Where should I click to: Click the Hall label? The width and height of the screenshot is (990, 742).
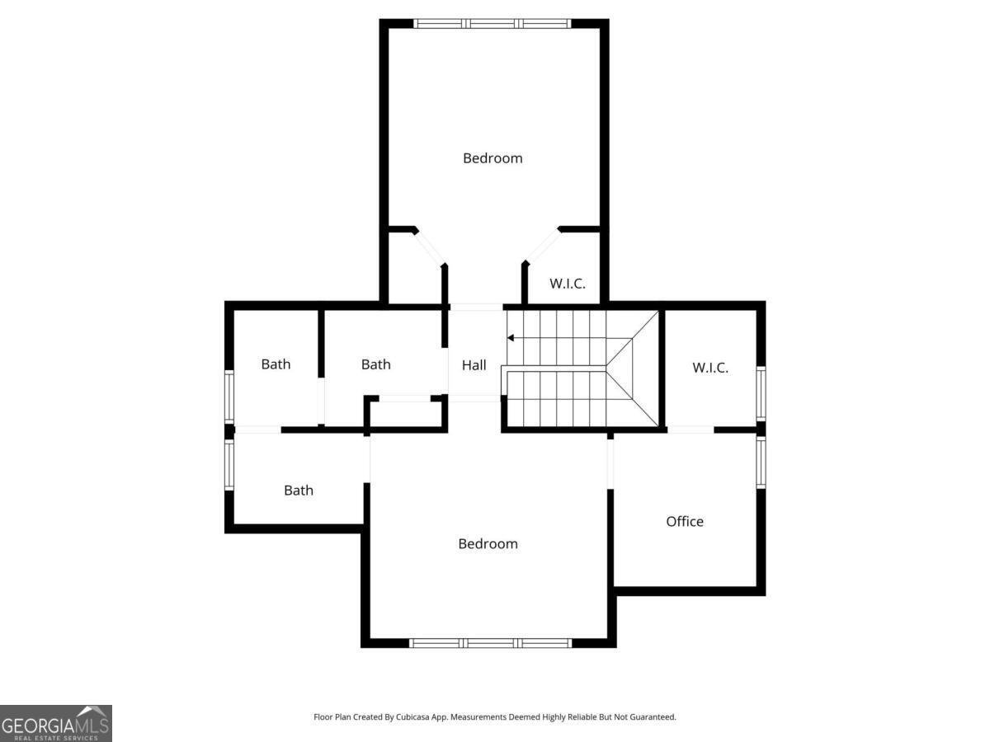pyautogui.click(x=474, y=365)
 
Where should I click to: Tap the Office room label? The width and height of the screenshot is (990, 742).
pyautogui.click(x=685, y=522)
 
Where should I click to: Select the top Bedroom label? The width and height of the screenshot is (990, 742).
pyautogui.click(x=493, y=158)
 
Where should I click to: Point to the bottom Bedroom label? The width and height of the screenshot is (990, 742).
pyautogui.click(x=488, y=544)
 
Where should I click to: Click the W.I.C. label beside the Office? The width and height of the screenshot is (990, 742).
pyautogui.click(x=710, y=368)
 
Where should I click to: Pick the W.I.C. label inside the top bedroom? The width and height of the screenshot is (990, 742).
pyautogui.click(x=568, y=284)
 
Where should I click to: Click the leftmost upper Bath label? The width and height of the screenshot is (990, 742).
pyautogui.click(x=276, y=364)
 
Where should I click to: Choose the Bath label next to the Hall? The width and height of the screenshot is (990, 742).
pyautogui.click(x=376, y=364)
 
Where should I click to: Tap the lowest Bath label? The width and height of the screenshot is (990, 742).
pyautogui.click(x=299, y=491)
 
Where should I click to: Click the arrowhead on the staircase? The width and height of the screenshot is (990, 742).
pyautogui.click(x=511, y=338)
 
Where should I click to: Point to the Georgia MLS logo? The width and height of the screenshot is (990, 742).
pyautogui.click(x=56, y=724)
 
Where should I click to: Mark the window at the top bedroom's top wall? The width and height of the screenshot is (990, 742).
pyautogui.click(x=493, y=24)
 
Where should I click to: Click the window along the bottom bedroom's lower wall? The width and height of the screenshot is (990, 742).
pyautogui.click(x=490, y=643)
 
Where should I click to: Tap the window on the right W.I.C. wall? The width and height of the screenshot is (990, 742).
pyautogui.click(x=761, y=394)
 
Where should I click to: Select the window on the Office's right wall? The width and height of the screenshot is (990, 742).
pyautogui.click(x=761, y=463)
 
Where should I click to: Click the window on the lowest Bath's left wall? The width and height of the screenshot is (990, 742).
pyautogui.click(x=229, y=464)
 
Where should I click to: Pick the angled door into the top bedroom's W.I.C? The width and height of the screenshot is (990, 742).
pyautogui.click(x=543, y=246)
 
